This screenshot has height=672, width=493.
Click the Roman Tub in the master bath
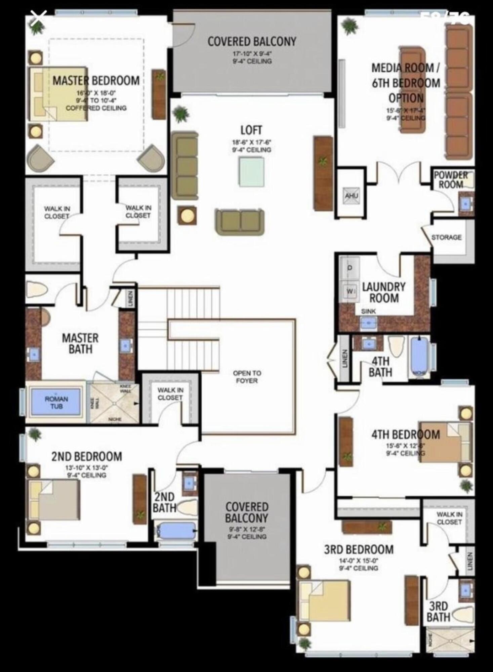tap(56, 402)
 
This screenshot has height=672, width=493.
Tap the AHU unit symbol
tap(352, 195)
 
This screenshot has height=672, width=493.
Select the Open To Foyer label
tap(247, 377)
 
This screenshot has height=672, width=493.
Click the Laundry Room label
tap(384, 292)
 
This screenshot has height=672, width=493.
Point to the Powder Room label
tap(450, 180)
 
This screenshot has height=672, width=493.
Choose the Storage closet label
tap(446, 237)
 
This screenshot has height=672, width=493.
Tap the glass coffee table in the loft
tap(251, 171)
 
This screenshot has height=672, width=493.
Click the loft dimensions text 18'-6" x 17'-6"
tap(251, 142)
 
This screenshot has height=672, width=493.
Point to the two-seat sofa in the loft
tap(240, 222)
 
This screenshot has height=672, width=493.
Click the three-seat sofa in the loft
tap(184, 165)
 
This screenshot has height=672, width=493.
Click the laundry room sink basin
tap(369, 323)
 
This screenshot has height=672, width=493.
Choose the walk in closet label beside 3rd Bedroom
tap(449, 518)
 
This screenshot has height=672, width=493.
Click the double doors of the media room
tap(399, 173)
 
